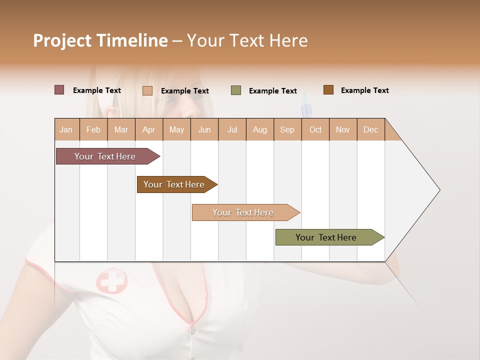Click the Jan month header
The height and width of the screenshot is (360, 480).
66,129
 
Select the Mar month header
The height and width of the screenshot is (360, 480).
121,129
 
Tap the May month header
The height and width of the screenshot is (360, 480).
176,129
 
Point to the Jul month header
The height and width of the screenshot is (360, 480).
232,129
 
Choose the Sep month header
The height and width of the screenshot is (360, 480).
287,129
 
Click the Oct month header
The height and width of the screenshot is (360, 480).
315,129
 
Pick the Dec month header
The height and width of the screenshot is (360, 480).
370,129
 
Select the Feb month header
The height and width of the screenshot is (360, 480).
93,129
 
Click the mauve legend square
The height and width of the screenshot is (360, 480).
59,90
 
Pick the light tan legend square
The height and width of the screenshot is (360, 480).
147,90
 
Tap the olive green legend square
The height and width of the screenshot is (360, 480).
236,90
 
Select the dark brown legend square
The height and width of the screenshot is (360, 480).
328,90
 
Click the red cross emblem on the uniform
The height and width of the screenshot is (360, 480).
111,280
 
